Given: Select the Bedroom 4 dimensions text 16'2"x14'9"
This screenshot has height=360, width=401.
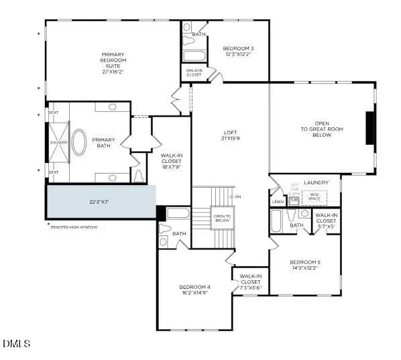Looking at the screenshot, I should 195,292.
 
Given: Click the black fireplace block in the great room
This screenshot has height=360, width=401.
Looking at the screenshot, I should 369,128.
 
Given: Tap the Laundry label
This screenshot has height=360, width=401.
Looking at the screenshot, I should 316,182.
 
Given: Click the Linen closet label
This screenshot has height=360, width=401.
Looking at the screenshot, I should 278,201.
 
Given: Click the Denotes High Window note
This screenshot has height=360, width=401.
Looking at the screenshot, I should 74,227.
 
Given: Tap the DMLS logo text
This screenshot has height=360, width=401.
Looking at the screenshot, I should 17,345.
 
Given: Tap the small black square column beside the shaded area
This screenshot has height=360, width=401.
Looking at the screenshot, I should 161,213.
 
